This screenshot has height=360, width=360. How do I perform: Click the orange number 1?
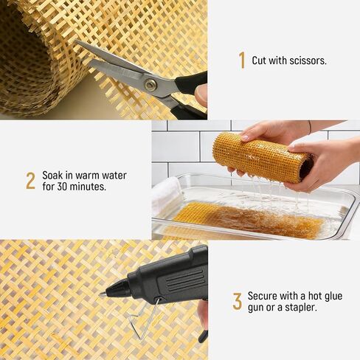pyautogui.click(x=241, y=60)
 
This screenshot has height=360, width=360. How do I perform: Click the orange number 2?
pyautogui.click(x=30, y=181)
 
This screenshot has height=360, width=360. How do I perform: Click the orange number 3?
pyautogui.click(x=237, y=301)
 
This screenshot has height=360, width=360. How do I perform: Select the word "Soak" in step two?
pyautogui.click(x=54, y=176)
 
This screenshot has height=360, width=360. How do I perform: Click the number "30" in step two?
pyautogui.click(x=63, y=187)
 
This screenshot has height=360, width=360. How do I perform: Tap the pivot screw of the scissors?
pyautogui.click(x=150, y=85)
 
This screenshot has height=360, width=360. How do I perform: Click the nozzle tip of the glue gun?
pyautogui.click(x=104, y=294)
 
